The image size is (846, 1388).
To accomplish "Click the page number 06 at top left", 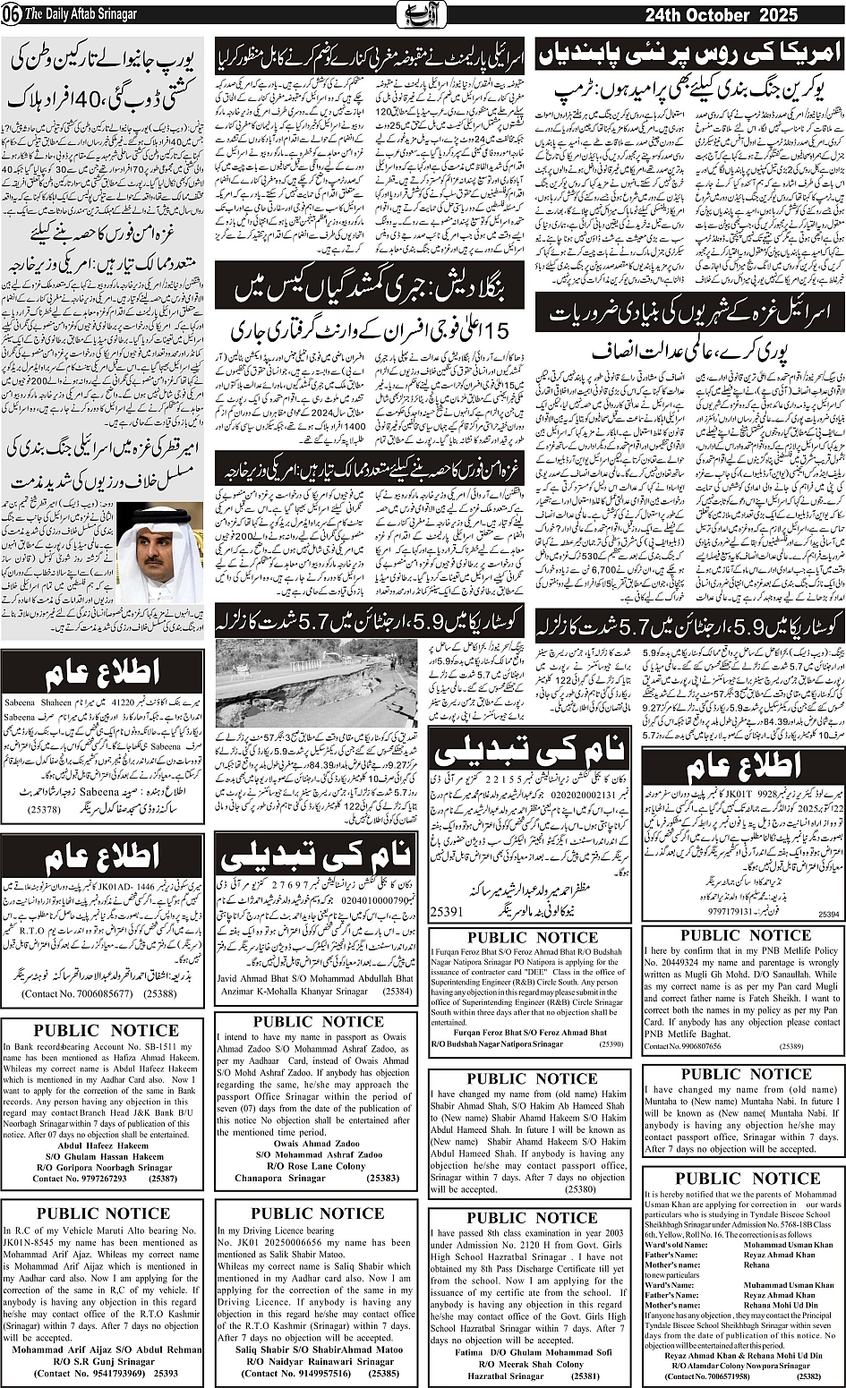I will click(x=9, y=14).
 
